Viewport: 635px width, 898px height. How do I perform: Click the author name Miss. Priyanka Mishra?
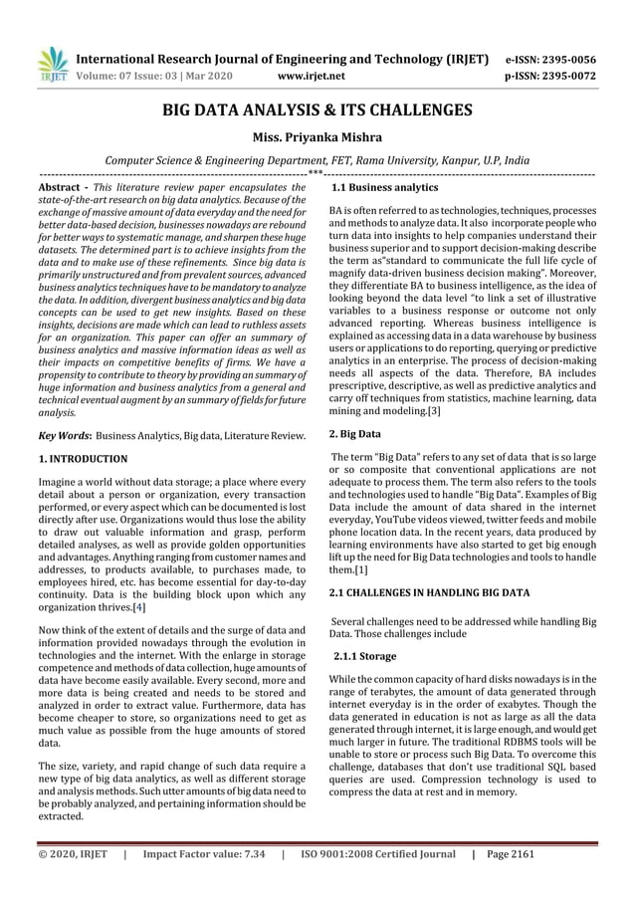[x=317, y=137]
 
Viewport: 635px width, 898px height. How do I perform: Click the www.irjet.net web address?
[x=313, y=75]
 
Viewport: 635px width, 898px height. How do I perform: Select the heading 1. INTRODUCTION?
[x=82, y=459]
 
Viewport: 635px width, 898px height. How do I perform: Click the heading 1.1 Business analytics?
[x=384, y=187]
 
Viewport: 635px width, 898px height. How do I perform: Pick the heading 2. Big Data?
[x=354, y=434]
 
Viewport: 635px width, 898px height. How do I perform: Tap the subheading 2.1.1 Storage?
[x=364, y=657]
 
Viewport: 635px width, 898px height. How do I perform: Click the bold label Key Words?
[x=64, y=436]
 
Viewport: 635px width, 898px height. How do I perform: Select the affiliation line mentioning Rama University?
[x=317, y=160]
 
